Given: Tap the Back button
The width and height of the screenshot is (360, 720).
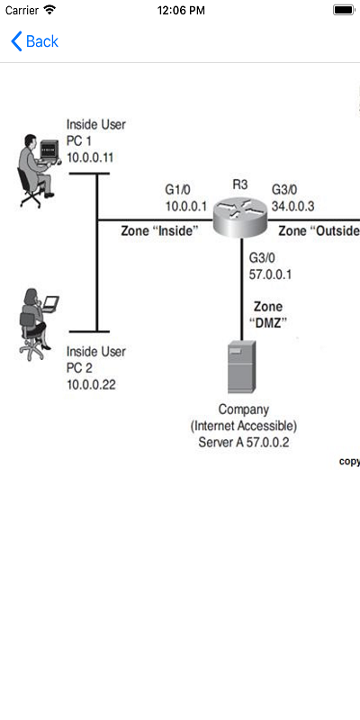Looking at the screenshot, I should click(34, 41).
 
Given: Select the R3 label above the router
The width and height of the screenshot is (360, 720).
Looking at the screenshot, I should click(240, 184).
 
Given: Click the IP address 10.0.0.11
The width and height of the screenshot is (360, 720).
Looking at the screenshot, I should click(92, 157).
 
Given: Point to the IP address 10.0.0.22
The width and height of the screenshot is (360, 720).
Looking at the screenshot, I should click(92, 384).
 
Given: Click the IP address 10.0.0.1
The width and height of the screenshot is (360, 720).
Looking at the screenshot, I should click(186, 206).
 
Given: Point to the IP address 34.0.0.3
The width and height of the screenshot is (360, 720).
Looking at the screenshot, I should click(292, 206).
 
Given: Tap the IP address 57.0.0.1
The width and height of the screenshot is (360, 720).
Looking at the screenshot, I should click(271, 274).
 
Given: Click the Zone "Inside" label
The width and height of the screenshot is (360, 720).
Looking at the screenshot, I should click(159, 231).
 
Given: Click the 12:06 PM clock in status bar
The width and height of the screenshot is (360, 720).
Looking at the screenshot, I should click(180, 10).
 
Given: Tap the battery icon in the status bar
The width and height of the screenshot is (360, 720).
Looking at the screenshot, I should click(343, 10).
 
